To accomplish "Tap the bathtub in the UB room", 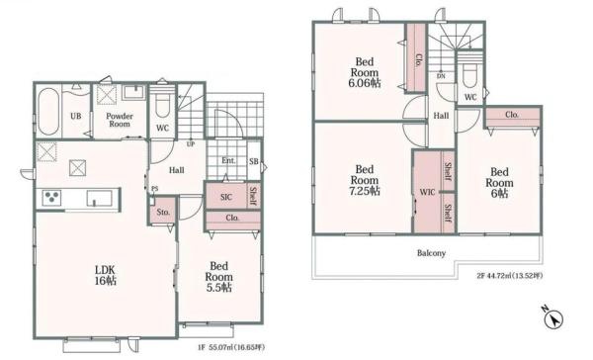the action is point(48,112).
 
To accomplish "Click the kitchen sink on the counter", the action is point(99,199).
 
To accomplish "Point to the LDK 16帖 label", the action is point(106,275).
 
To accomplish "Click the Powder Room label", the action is point(120,120).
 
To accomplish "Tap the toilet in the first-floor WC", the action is point(163,104).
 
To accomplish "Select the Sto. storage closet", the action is point(163,211).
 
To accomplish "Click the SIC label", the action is point(226,197).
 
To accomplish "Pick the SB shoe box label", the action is point(254,161).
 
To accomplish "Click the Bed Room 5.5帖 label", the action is point(219,277).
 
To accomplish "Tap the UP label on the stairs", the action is point(191,144).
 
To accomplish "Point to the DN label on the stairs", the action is point(441,76).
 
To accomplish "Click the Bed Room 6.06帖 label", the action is point(365,72).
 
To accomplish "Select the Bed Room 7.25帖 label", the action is point(365,180).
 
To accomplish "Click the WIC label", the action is point(427,192).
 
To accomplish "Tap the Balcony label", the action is point(431,253).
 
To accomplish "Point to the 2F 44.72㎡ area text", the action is point(510,276).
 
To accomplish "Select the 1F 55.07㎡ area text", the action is point(231,347).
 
